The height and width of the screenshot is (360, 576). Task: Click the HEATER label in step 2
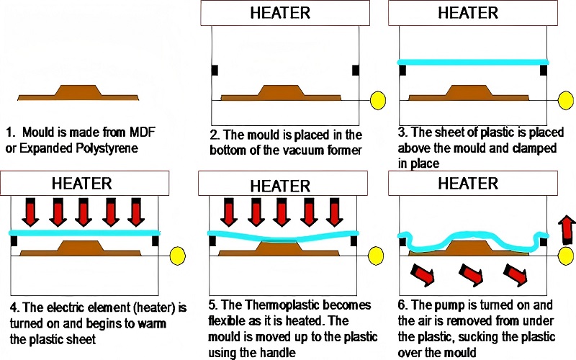(280, 13)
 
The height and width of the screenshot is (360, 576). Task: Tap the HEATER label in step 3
(468, 13)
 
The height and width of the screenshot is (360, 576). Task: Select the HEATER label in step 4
(81, 184)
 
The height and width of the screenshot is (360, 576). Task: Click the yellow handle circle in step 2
(377, 100)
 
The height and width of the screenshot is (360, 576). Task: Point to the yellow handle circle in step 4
(178, 256)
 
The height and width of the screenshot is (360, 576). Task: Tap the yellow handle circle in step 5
(376, 256)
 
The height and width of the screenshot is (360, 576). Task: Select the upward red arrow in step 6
(567, 230)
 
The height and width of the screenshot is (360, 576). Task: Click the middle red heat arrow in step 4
(84, 212)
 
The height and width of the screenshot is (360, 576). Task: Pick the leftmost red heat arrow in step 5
(229, 212)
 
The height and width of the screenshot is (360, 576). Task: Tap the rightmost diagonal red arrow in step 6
(516, 274)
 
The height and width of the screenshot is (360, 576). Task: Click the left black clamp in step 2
(215, 70)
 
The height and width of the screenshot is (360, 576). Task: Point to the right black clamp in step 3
(544, 70)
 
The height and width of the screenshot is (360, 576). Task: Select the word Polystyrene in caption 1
(107, 148)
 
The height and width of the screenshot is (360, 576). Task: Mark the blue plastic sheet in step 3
(473, 62)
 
